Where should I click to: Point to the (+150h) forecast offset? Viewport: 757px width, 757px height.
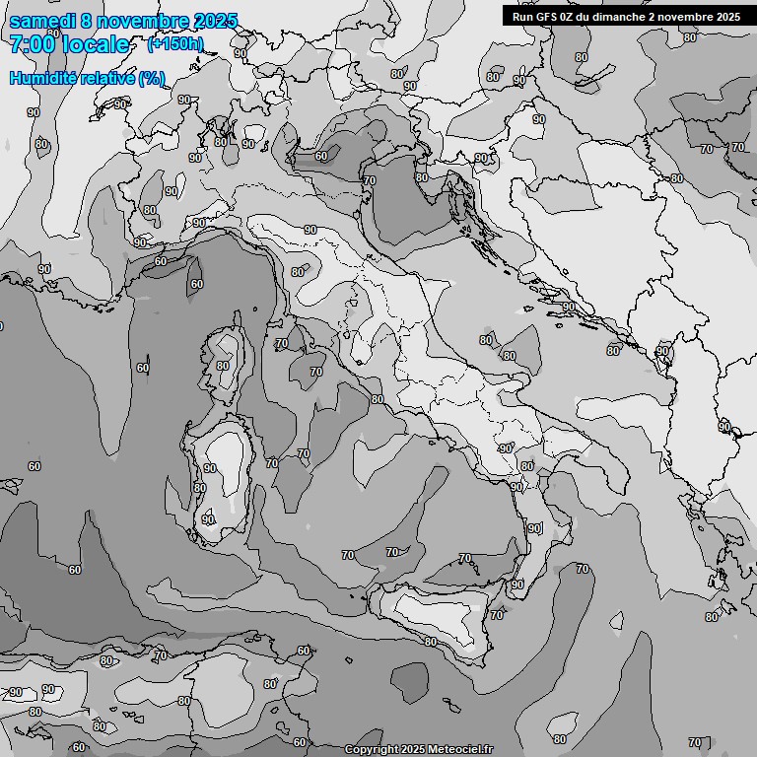pos(175,44)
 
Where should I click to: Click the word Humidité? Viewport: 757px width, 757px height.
pos(42,78)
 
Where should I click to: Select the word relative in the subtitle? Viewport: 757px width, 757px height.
pos(106,78)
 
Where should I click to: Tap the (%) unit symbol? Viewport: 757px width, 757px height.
pos(152,78)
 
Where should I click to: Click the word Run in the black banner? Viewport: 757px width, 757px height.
pos(522,16)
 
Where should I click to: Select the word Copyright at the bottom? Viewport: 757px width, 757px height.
pos(372,750)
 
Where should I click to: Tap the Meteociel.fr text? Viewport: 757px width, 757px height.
pos(458,750)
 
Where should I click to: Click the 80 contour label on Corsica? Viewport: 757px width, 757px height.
pos(223,366)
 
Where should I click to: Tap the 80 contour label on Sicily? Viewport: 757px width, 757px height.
pos(431,642)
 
